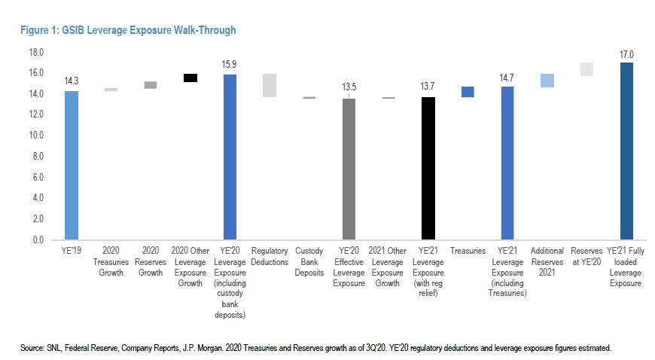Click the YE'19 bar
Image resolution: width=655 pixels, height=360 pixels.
coord(72,165)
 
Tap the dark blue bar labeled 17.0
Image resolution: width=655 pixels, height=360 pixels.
coord(626,151)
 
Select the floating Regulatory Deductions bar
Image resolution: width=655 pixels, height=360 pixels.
coord(270,85)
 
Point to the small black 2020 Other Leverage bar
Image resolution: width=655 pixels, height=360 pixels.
coord(190,78)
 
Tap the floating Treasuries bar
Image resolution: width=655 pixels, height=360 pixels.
coord(468,92)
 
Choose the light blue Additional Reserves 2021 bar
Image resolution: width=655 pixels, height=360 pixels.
coord(547,81)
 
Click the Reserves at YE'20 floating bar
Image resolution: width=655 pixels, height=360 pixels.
coord(586,69)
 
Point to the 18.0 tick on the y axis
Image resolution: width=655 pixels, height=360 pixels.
coord(36,53)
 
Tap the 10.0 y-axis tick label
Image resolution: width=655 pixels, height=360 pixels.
coord(36,136)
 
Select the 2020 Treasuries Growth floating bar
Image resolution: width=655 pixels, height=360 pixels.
coord(111,90)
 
